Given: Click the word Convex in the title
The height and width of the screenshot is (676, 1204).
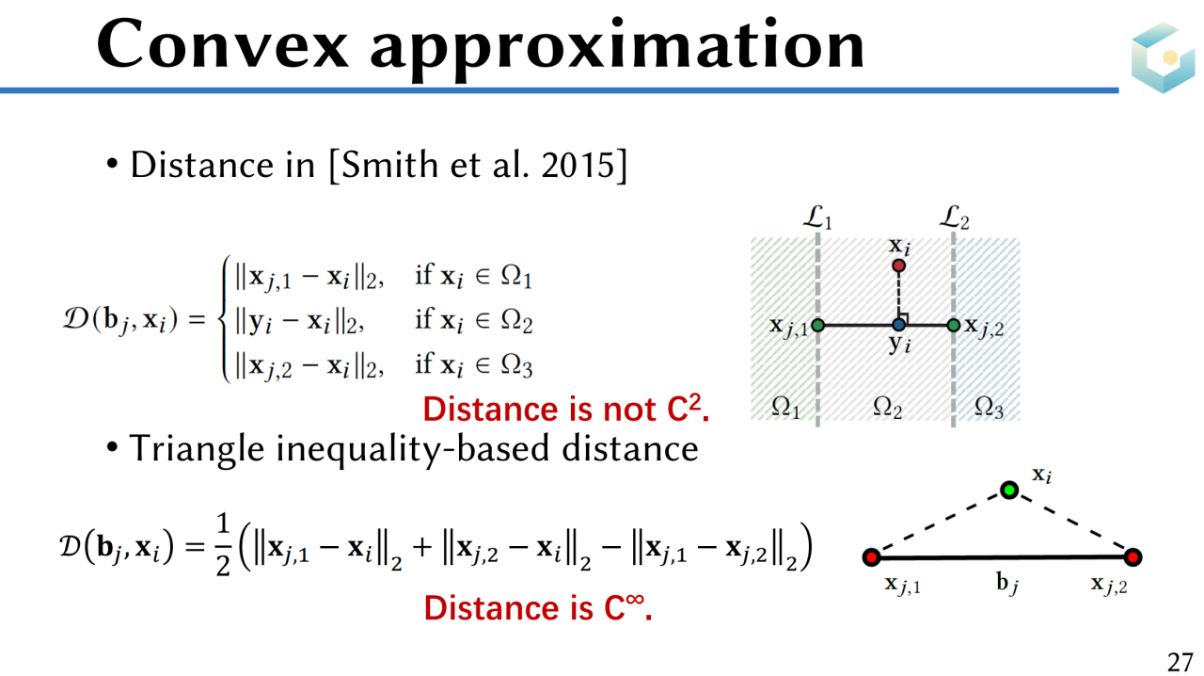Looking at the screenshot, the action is tap(223, 44).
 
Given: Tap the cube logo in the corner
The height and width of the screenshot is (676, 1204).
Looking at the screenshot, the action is tap(1164, 57).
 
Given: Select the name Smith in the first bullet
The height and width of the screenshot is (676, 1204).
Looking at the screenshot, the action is tap(389, 164).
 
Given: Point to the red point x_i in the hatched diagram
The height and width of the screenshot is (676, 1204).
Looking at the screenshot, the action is tap(898, 266).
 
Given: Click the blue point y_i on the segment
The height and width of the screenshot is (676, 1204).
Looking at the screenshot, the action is tap(898, 325).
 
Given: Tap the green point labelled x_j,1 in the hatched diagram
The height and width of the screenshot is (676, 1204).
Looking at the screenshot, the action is tap(817, 325).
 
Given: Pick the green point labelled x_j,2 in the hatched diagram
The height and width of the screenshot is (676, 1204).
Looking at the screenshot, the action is tap(954, 325).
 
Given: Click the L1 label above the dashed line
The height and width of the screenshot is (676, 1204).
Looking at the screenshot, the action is tap(817, 218).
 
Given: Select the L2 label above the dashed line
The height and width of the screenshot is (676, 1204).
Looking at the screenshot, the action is tap(954, 218).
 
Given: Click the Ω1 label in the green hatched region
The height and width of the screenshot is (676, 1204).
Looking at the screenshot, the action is tap(785, 408).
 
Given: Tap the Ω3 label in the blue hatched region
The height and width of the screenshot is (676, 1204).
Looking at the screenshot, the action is tap(989, 408).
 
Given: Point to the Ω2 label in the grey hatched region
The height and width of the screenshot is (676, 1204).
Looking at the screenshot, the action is tap(887, 408).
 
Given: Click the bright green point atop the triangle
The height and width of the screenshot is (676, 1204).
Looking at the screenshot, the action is tap(1009, 491).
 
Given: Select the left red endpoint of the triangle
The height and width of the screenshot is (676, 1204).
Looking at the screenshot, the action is tap(871, 557).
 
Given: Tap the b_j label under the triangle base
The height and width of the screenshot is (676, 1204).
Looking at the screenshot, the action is tap(1006, 584).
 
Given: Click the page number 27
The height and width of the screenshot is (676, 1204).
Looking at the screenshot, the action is tap(1180, 662).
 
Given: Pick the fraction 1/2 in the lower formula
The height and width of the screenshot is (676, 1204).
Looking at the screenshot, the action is tap(223, 545).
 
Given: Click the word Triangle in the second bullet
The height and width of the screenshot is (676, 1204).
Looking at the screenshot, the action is tap(197, 449).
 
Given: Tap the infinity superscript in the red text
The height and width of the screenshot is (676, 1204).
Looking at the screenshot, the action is tap(635, 599).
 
